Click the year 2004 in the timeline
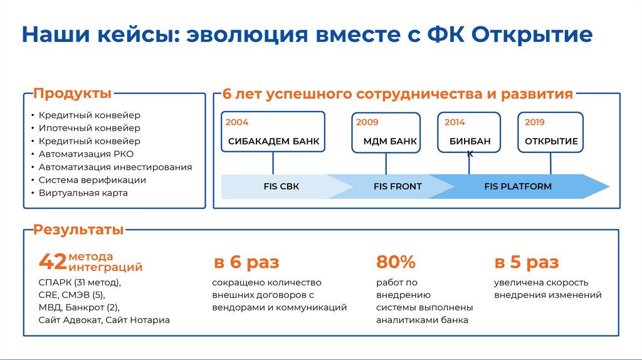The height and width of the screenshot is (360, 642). [237, 122]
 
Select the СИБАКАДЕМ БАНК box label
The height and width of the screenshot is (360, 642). [273, 142]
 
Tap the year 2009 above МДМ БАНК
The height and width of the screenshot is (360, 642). [367, 122]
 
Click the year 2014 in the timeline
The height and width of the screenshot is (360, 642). [455, 122]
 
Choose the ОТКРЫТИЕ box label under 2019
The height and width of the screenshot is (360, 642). [551, 142]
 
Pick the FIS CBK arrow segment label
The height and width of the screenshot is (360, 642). [282, 186]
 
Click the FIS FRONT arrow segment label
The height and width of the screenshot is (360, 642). [397, 186]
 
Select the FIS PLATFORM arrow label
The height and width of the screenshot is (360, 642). [518, 186]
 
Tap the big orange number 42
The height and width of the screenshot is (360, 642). [53, 262]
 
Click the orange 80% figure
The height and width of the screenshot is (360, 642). [396, 262]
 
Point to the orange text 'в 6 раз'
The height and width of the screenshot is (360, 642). [246, 262]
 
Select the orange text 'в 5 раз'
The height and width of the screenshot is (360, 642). [526, 262]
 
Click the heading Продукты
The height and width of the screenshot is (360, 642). [72, 94]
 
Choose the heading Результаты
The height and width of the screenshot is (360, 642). [78, 230]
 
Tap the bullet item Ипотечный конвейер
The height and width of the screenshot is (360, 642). [90, 129]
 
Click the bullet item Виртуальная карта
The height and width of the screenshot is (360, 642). [83, 193]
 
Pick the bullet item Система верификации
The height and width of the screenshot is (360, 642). [92, 180]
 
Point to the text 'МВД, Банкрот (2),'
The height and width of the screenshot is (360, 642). [78, 307]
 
